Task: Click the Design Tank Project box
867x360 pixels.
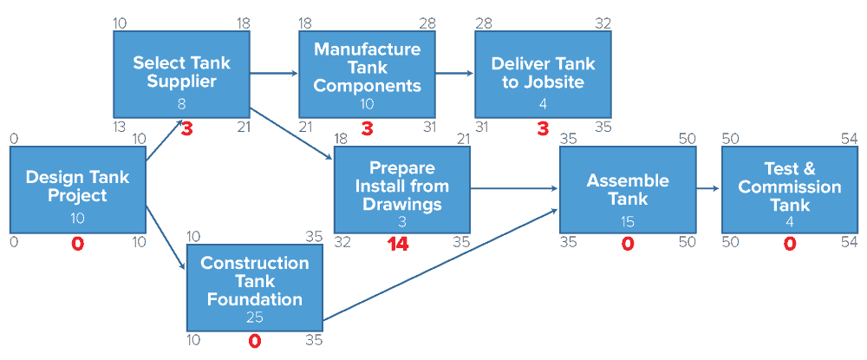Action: tap(78, 189)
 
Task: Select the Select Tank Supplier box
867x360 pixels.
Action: tap(181, 74)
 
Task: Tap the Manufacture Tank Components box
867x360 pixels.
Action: tap(367, 74)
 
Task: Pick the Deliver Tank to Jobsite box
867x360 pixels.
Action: tap(543, 74)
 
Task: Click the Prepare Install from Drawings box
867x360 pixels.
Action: tap(401, 189)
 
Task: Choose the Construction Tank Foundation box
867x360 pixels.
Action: tap(255, 287)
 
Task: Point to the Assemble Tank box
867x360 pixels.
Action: tap(628, 189)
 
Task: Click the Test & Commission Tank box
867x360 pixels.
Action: tap(789, 189)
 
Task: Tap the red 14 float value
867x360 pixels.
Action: tap(399, 245)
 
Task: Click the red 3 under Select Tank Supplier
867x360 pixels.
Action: tap(186, 130)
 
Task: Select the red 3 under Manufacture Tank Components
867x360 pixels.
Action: tap(367, 130)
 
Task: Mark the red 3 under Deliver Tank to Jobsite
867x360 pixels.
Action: tap(543, 130)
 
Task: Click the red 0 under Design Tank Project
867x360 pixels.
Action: tap(78, 245)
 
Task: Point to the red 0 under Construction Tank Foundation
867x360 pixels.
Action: tap(255, 342)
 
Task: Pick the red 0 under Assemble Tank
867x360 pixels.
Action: tap(628, 245)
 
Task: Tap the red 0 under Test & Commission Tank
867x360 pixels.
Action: tap(789, 245)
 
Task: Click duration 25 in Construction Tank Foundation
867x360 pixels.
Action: tap(255, 317)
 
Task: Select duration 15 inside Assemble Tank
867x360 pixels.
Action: tap(628, 221)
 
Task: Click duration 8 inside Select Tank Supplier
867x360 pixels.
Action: tap(181, 104)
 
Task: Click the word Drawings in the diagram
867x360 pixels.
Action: tap(401, 205)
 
